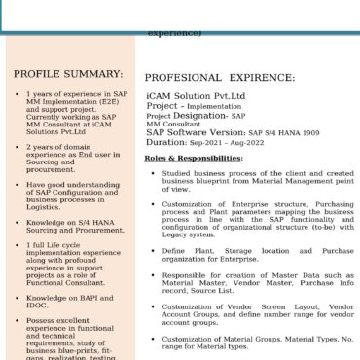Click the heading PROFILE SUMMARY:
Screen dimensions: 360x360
pos(68,74)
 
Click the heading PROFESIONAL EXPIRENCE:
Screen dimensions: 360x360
pos(220,77)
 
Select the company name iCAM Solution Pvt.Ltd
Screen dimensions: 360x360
pos(195,96)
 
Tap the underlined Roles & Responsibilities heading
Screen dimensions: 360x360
pos(194,158)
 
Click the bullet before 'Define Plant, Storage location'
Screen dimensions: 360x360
pos(151,250)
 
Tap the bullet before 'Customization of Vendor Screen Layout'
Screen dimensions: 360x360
pos(151,308)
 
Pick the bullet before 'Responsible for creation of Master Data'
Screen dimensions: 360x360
pos(151,275)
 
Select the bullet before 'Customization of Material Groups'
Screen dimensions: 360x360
pos(151,338)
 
